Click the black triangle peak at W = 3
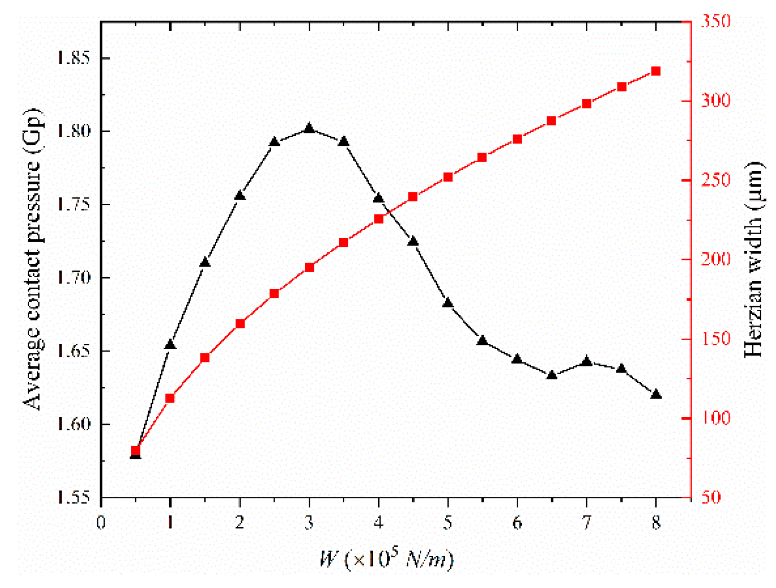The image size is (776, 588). click(309, 129)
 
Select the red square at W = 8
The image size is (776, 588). click(656, 71)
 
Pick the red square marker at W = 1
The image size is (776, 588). click(170, 398)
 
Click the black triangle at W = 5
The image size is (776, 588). click(448, 303)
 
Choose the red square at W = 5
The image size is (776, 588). click(448, 177)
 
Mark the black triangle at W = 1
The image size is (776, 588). click(170, 345)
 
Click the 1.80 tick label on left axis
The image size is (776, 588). click(73, 131)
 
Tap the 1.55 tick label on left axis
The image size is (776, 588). click(73, 497)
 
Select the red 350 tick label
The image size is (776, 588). click(715, 21)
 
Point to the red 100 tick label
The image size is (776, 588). click(715, 418)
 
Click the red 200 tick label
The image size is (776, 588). click(715, 259)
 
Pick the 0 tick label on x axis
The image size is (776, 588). click(101, 522)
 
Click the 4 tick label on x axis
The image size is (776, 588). click(379, 522)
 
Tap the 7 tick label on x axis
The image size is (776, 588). click(586, 522)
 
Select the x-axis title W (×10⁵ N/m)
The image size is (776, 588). click(386, 558)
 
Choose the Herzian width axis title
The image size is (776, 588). click(753, 259)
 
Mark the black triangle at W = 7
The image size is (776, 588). click(586, 362)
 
